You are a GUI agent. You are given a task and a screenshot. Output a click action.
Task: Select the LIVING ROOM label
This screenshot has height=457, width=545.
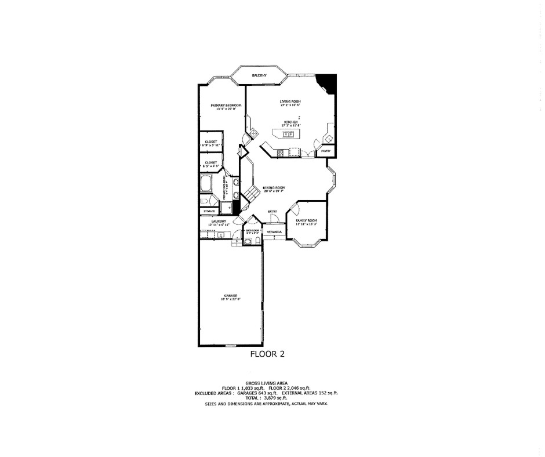(x=289, y=102)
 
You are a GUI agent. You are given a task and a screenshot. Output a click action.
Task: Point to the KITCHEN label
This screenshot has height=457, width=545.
(x=289, y=122)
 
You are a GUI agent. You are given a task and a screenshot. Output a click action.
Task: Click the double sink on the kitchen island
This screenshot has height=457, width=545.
(x=288, y=135)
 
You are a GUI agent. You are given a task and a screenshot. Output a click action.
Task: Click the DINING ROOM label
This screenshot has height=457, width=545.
(x=274, y=187)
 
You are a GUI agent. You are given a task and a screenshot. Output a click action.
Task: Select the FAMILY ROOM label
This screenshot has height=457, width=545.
(x=307, y=220)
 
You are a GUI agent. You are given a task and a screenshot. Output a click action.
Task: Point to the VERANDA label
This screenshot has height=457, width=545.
(x=274, y=232)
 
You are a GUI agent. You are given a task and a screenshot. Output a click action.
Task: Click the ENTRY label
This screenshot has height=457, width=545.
(x=272, y=211)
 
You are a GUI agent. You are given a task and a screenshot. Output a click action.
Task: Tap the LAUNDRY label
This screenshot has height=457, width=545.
(x=218, y=221)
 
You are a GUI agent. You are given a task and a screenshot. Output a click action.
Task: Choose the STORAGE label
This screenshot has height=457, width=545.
(x=209, y=211)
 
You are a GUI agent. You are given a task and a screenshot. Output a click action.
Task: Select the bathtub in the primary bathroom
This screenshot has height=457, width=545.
(x=206, y=186)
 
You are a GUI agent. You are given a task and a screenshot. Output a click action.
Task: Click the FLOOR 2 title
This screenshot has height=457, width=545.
(x=267, y=353)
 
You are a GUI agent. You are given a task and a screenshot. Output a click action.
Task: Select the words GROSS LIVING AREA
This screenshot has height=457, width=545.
(x=267, y=383)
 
